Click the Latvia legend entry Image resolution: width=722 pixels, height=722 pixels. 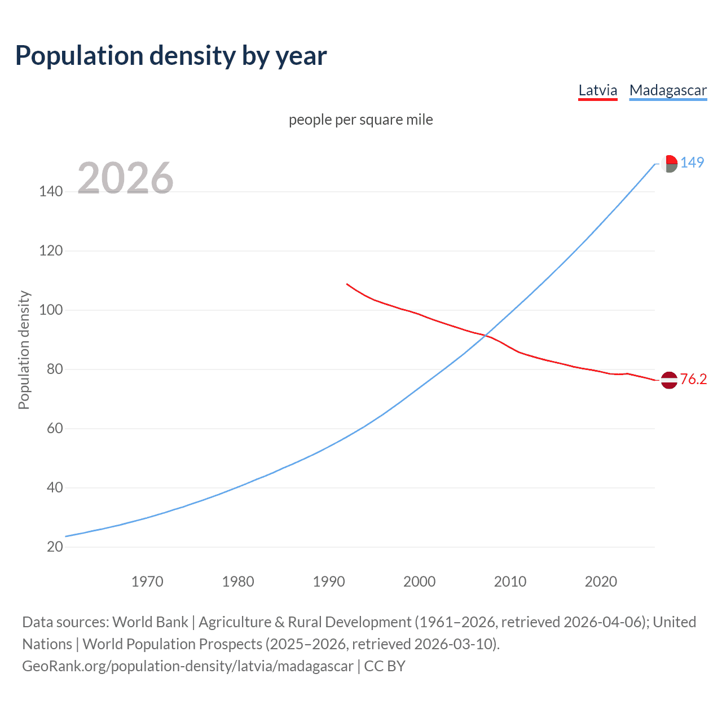[598, 90]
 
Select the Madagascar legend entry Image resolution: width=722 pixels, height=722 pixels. [668, 90]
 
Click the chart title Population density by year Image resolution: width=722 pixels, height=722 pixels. [171, 56]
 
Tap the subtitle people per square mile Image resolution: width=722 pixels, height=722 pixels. [361, 120]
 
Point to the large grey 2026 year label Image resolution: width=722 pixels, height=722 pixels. [125, 178]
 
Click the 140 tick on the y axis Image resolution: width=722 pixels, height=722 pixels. [51, 192]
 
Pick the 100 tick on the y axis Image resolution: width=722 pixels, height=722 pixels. [51, 310]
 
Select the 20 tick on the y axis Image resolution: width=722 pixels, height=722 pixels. [55, 547]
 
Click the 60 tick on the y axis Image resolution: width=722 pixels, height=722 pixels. [55, 429]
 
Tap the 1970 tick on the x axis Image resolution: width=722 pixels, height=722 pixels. [147, 582]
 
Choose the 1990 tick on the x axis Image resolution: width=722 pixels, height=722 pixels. [329, 582]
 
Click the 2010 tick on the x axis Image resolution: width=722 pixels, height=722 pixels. [510, 582]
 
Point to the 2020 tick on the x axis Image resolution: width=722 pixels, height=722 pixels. [601, 582]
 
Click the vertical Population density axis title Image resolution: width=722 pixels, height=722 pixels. [24, 350]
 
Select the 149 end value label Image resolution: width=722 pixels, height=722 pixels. [692, 162]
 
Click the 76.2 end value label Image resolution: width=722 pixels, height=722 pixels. [693, 379]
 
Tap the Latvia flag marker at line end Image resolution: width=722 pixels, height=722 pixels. [669, 380]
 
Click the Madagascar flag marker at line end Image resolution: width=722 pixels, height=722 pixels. [669, 164]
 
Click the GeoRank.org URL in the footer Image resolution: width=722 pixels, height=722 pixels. [188, 666]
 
